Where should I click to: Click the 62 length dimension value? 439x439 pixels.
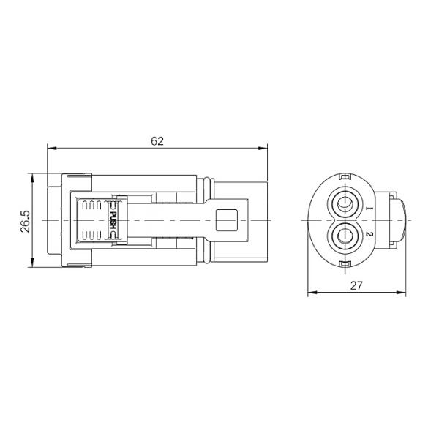[x=157, y=141]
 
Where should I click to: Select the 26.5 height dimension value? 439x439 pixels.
[x=26, y=221]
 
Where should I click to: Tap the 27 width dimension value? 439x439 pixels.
[x=356, y=286]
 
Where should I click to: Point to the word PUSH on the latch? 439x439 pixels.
[x=112, y=217]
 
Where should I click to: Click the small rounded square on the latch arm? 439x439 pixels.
[x=229, y=219]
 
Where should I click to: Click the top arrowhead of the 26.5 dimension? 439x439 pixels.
[x=32, y=176]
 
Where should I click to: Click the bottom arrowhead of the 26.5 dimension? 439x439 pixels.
[x=32, y=265]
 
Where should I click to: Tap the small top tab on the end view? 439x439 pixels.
[x=344, y=176]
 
